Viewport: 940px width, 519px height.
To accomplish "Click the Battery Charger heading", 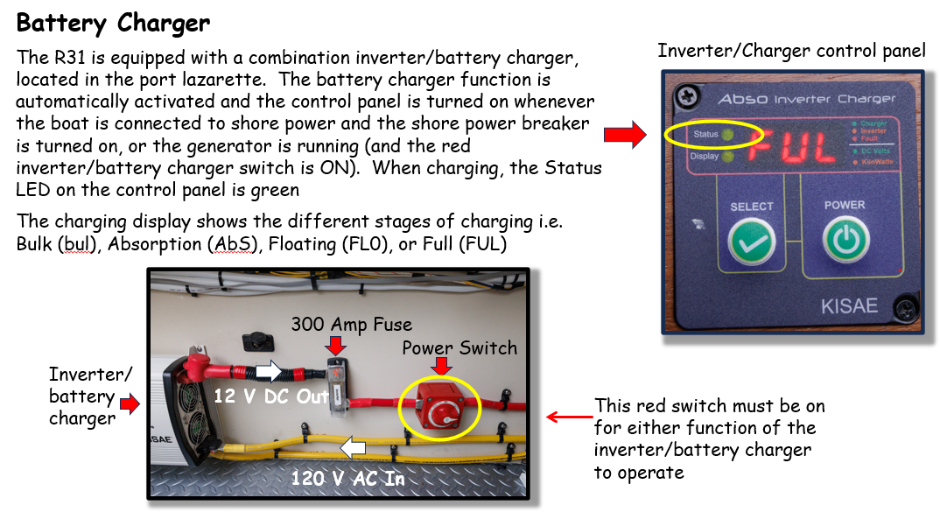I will [x=114, y=22].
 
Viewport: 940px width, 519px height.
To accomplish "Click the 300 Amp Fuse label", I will [x=351, y=325].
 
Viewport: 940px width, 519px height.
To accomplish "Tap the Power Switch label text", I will [x=459, y=347].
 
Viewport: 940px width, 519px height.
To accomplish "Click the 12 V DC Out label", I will [x=271, y=396].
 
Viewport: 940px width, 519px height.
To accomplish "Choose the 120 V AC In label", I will [x=347, y=478].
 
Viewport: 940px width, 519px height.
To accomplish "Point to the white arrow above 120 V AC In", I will [x=352, y=449].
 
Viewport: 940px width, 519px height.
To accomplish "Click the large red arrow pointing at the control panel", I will [x=625, y=135].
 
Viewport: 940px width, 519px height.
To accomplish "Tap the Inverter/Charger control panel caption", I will [x=791, y=51].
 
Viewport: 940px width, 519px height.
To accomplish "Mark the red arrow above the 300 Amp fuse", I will [x=337, y=344].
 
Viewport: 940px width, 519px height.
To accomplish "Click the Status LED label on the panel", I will [x=705, y=135].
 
